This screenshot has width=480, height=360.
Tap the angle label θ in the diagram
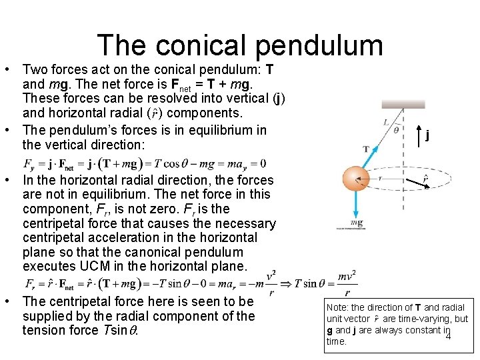(396, 130)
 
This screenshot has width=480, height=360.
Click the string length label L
(387, 122)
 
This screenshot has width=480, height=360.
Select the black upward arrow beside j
(418, 136)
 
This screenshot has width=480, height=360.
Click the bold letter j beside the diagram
(427, 136)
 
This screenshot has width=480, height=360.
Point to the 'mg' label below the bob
(357, 223)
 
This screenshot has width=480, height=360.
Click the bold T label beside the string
(366, 149)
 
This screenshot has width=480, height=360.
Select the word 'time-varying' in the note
(426, 319)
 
